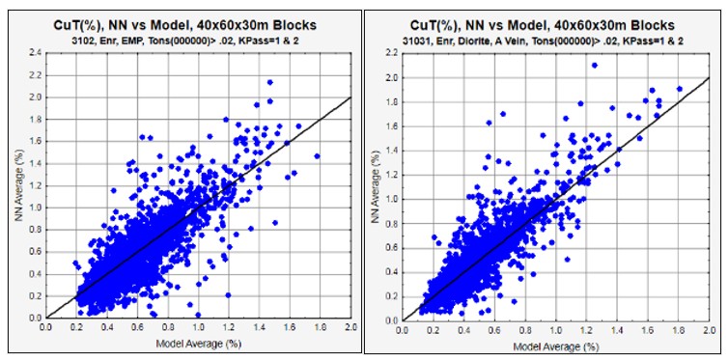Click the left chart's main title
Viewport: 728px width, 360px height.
185,25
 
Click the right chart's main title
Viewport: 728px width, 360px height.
542,25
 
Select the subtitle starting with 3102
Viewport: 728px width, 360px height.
185,40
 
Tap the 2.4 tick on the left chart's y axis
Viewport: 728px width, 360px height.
36,53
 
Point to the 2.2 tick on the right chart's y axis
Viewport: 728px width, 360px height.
391,53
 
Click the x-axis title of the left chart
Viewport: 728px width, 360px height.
199,344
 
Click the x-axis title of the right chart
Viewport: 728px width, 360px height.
555,346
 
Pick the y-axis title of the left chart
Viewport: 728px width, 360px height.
19,185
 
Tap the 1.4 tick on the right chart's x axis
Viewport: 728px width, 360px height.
618,329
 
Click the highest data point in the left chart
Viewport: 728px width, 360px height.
269,82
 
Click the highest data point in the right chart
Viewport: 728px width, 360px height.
595,66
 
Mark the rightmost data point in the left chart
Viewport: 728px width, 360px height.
317,156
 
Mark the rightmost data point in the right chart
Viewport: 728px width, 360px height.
680,89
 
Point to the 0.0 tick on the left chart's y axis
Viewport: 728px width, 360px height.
36,318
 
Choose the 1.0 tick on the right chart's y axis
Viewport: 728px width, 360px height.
391,199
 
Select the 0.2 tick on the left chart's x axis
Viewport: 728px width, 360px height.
76,327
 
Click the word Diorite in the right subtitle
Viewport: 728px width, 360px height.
483,40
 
